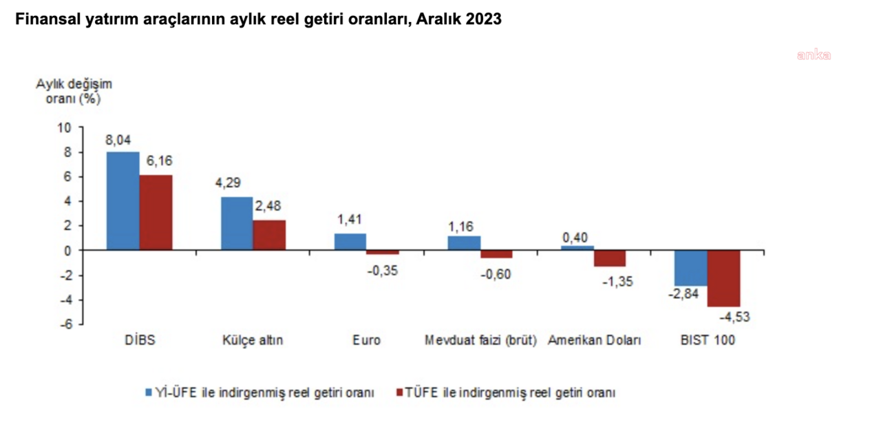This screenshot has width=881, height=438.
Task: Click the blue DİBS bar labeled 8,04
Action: click(x=123, y=201)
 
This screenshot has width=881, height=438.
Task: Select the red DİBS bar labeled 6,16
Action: click(x=156, y=213)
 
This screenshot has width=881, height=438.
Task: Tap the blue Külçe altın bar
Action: click(x=236, y=224)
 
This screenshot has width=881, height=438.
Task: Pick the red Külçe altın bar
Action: click(x=269, y=236)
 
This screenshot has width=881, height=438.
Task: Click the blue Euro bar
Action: click(x=350, y=242)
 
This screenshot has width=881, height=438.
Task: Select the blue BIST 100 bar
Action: click(x=690, y=268)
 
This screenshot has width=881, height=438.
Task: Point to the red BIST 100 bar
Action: click(x=723, y=278)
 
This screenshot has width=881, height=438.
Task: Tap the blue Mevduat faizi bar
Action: click(x=464, y=243)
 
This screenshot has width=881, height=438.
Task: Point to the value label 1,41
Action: click(x=350, y=220)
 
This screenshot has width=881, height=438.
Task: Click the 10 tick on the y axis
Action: click(x=64, y=127)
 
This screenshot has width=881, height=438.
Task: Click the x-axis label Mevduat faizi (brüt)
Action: click(x=480, y=341)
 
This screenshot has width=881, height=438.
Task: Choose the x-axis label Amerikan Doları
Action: click(x=594, y=341)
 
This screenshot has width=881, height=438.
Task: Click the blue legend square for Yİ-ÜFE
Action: click(x=148, y=393)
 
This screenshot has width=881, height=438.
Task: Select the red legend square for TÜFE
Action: click(x=400, y=393)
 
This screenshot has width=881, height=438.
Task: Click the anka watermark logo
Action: click(x=814, y=55)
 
